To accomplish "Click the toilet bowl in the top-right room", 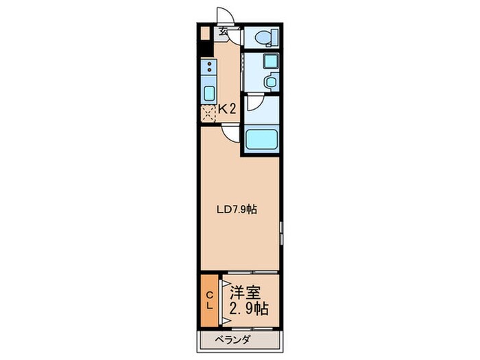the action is point(262,38).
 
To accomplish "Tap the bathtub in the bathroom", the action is point(262,139).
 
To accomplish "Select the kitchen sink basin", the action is point(209,93).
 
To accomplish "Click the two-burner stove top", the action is point(209,67).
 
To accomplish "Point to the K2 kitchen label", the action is point(227,109).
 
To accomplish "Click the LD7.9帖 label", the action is point(237,210).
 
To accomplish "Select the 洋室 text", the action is point(245,293).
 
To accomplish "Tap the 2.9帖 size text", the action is point(249,309).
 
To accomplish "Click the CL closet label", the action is point(209,300).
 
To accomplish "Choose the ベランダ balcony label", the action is point(233,340).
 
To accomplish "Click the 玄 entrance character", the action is point(223,32).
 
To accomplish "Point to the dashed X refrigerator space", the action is point(208,114).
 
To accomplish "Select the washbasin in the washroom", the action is point(271,82).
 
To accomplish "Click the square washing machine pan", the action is point(271,61).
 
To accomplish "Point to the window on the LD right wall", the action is point(280,233).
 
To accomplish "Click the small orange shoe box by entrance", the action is point(206,34).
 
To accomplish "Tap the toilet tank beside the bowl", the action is point(274,38).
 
